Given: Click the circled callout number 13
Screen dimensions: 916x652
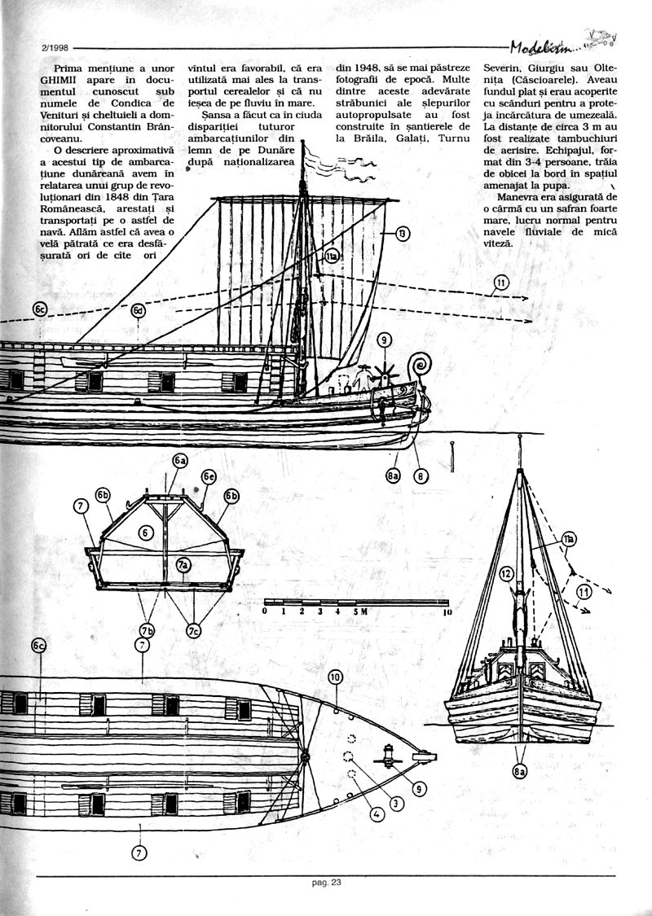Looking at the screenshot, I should coord(402,234).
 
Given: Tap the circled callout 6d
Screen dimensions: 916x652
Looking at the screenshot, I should coord(139,310).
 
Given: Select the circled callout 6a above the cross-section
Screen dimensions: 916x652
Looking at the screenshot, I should coord(179,461).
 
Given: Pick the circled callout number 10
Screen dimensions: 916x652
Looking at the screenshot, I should coord(336,677).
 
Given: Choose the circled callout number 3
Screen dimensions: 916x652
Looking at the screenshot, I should coord(397,803).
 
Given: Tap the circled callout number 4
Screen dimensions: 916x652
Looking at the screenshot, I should coord(377,813).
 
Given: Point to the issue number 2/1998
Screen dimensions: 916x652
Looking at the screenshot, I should coord(54,47).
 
